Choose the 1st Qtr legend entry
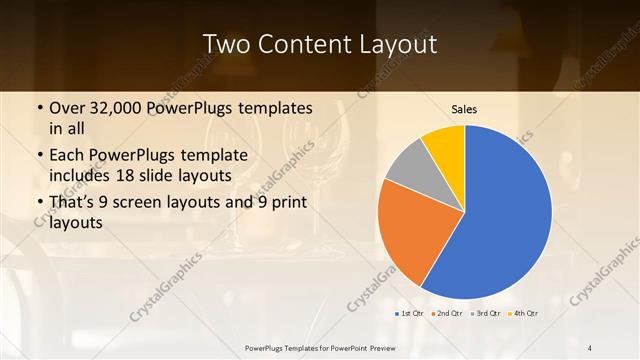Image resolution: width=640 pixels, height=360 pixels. (x=408, y=314)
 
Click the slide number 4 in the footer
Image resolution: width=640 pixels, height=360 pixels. (x=590, y=347)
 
